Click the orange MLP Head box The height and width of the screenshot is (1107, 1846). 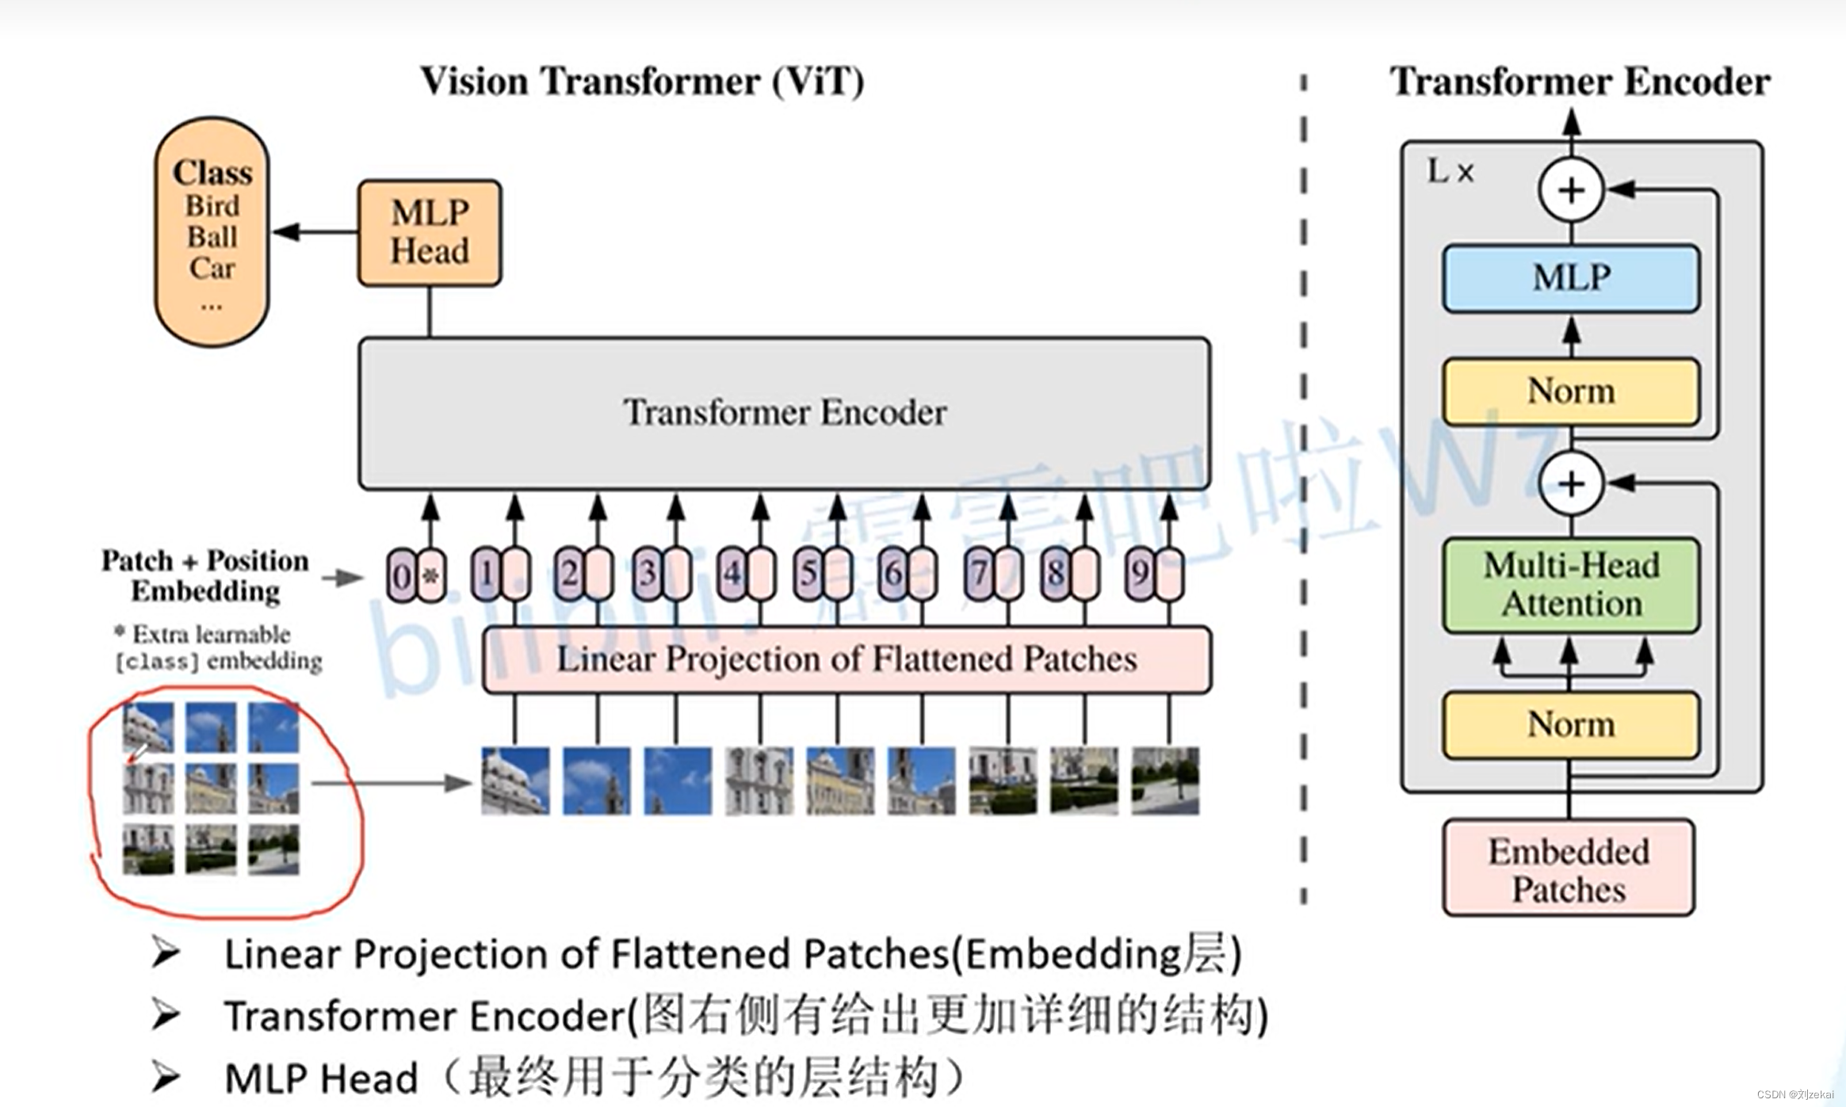(x=429, y=232)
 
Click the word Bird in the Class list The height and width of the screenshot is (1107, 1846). (x=212, y=205)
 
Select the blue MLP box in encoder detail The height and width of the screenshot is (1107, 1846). (x=1570, y=277)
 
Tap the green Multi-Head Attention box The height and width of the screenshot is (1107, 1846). (x=1570, y=585)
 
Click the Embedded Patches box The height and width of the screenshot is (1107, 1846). (x=1568, y=869)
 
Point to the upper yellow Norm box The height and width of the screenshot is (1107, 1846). (x=1570, y=391)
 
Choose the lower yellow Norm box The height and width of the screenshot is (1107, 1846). (x=1570, y=724)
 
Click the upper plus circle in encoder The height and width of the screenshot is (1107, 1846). (x=1571, y=190)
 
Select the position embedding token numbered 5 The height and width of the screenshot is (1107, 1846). (x=808, y=573)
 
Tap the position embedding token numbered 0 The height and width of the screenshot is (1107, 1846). (x=401, y=575)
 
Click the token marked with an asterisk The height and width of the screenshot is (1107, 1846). (x=430, y=575)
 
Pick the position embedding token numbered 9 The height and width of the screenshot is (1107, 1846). (x=1140, y=573)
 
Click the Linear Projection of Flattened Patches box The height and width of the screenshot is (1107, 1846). (x=846, y=659)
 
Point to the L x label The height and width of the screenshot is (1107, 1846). (x=1450, y=171)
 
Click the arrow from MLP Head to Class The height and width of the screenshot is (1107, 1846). (x=314, y=232)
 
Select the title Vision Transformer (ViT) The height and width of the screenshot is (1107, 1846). (x=641, y=81)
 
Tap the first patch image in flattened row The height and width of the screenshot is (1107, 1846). (x=515, y=781)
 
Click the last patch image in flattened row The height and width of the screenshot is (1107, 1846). (x=1164, y=781)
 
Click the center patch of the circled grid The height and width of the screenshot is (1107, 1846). (x=211, y=788)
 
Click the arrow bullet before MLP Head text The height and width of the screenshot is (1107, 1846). (x=166, y=1077)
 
